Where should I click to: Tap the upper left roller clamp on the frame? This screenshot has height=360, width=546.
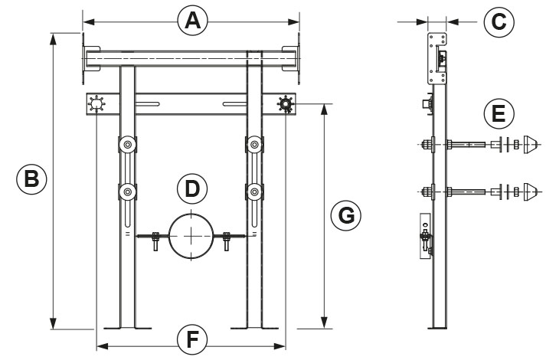click(127, 144)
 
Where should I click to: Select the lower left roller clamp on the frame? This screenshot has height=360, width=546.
click(127, 191)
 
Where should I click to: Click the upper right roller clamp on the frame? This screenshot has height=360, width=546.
click(254, 144)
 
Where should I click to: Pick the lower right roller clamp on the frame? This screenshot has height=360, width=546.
click(254, 191)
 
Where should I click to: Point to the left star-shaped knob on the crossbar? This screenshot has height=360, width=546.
click(97, 104)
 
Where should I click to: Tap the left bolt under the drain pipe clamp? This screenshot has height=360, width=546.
click(155, 241)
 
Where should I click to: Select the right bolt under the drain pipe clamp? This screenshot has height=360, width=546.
click(227, 241)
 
